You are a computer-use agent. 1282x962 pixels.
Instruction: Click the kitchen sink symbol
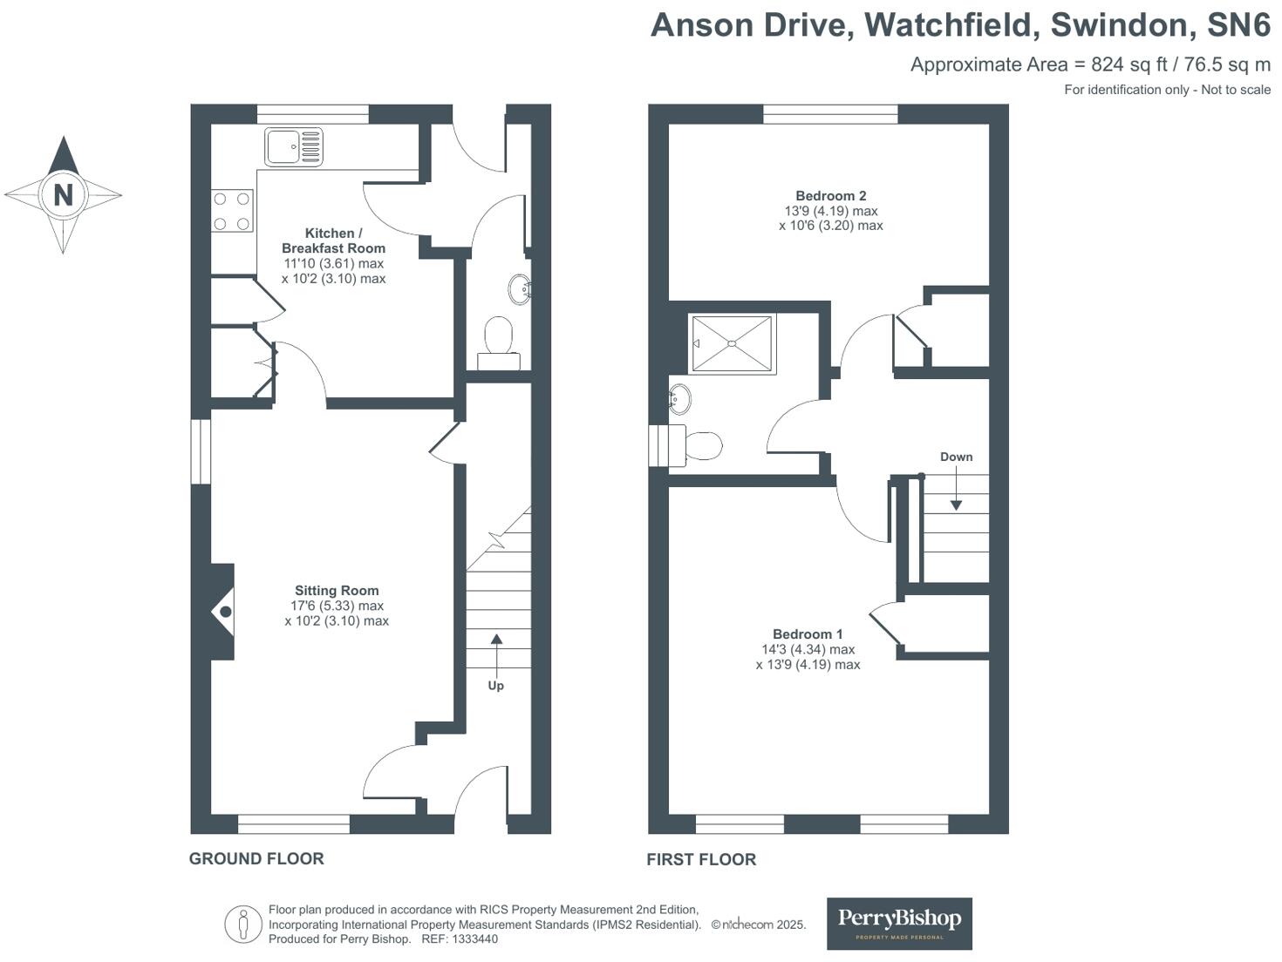point(294,146)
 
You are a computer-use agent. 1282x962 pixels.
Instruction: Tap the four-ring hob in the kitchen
point(232,211)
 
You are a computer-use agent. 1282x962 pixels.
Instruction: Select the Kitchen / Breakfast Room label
point(333,240)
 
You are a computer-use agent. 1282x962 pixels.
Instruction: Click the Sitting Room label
point(337,590)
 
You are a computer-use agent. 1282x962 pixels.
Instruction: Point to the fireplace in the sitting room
point(224,612)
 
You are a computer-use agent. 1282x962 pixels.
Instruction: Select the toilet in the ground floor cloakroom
point(499,340)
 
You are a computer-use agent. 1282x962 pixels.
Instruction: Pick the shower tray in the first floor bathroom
point(732,343)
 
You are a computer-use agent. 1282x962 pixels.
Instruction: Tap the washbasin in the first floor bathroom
point(679,400)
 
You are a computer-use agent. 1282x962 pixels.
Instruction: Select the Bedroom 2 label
point(830,196)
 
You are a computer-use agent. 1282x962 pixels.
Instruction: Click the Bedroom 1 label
point(808,634)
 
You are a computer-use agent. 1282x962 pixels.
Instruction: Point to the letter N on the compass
point(63,194)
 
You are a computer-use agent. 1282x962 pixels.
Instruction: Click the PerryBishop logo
point(899,923)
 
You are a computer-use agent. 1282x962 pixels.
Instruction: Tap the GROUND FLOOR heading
point(256,858)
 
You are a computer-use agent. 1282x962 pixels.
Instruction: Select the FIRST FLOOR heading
point(701,859)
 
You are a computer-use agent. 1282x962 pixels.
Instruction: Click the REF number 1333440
point(471,938)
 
